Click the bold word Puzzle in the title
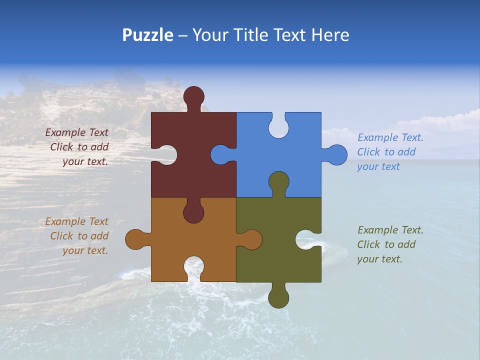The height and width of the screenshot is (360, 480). click(147, 35)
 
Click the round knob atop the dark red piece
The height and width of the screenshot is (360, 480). click(193, 96)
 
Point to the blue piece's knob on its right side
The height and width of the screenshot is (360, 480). click(336, 155)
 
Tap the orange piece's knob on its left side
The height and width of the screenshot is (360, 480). click(135, 239)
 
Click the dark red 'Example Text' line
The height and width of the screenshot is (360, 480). click(77, 132)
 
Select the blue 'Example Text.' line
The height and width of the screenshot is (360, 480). click(390, 137)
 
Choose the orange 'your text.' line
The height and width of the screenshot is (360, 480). click(85, 250)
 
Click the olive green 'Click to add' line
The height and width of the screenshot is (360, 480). click(386, 244)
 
